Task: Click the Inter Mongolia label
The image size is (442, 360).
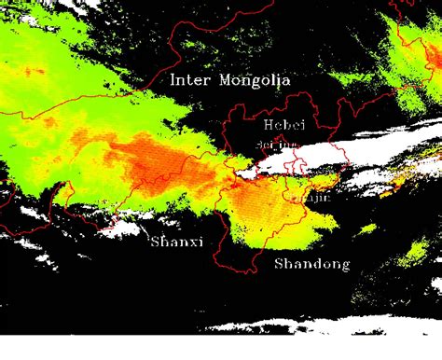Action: [x=229, y=80]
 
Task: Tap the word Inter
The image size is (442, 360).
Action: [x=190, y=80]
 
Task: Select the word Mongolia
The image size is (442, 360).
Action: [x=254, y=81]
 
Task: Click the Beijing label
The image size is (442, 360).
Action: [x=276, y=145]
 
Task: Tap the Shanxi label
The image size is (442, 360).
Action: [x=176, y=243]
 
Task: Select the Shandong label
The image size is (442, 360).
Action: [x=311, y=265]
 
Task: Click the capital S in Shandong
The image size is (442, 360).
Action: [x=279, y=264]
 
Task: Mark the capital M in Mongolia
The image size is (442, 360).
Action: [x=225, y=80]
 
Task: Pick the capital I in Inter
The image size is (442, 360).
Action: [x=173, y=80]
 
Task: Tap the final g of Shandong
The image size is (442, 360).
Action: [x=344, y=267]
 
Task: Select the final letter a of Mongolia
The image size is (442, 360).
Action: [x=285, y=81]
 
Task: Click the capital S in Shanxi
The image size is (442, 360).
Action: [x=156, y=243]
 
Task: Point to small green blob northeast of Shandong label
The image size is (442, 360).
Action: [x=369, y=228]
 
